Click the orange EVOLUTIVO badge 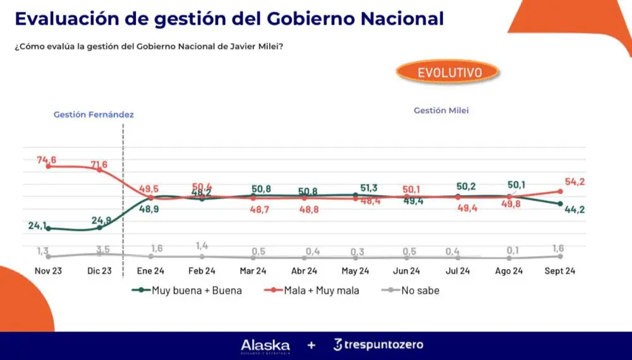(449, 72)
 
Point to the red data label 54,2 (574, 181)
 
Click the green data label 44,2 (574, 210)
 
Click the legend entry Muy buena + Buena (187, 291)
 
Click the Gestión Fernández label (94, 115)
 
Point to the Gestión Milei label (441, 111)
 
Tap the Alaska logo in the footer (265, 345)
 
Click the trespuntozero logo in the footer (378, 345)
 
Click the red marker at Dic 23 (99, 169)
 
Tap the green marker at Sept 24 (560, 203)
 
